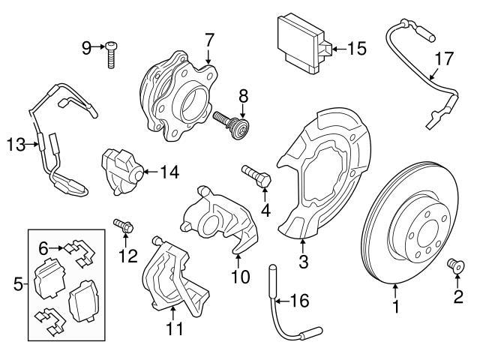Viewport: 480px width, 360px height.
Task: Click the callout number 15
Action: (x=357, y=49)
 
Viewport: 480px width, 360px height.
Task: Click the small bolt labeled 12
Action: (x=123, y=224)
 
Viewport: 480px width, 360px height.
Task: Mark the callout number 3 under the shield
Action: (x=302, y=262)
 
